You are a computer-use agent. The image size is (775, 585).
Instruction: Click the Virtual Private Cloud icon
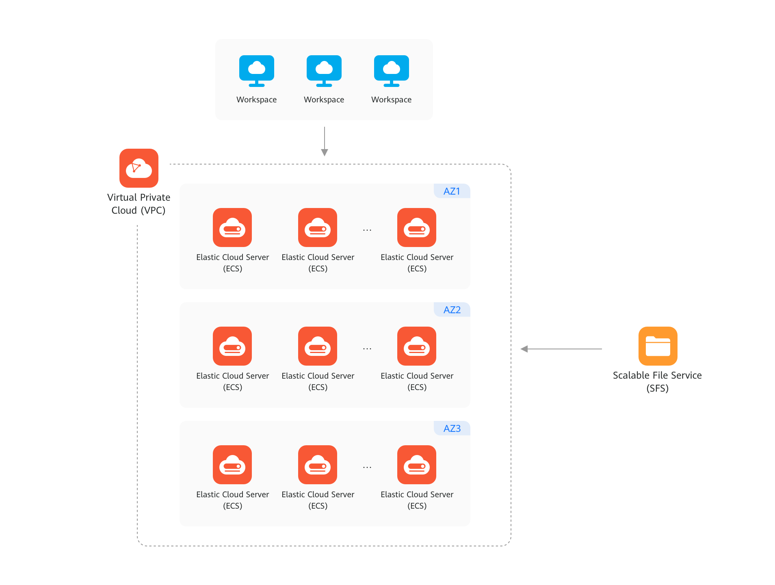(x=139, y=168)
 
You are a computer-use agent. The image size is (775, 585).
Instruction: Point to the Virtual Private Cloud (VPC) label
(x=139, y=204)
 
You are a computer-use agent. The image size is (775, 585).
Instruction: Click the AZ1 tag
(x=452, y=191)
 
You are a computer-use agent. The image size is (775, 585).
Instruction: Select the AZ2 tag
(x=452, y=310)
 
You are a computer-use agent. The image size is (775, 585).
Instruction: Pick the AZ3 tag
(x=452, y=429)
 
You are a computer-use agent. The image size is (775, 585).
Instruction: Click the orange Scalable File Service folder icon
(x=658, y=346)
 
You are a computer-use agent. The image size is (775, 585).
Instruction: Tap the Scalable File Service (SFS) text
(x=657, y=381)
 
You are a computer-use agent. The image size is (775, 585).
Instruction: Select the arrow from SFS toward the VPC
(x=561, y=349)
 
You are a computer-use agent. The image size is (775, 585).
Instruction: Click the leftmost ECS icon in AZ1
(x=232, y=227)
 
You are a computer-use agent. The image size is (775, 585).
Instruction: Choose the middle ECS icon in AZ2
(x=318, y=346)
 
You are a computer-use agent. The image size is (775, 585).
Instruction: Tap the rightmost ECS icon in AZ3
(x=417, y=465)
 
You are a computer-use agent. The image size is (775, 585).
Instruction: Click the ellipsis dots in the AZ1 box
(x=367, y=230)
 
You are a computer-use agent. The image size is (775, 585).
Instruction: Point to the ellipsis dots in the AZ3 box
(x=367, y=468)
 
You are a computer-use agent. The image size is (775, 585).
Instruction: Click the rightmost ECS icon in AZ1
(x=417, y=227)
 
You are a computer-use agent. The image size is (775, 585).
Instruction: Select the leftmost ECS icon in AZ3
(x=232, y=465)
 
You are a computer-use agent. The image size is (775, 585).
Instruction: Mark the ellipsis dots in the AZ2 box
(x=367, y=349)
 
